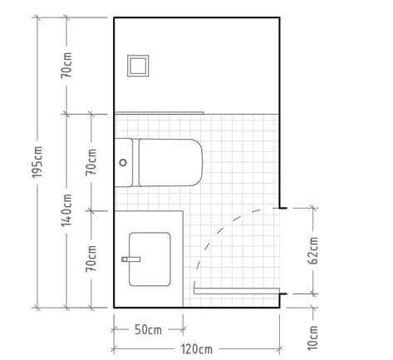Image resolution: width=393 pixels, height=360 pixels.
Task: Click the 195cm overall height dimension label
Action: click(37, 162)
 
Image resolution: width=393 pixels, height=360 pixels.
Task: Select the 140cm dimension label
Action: click(66, 210)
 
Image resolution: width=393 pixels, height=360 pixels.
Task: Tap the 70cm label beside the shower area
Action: click(66, 66)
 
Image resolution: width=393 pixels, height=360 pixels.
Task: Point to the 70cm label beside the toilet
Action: click(91, 162)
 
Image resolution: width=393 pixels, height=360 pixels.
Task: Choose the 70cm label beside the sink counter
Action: click(91, 259)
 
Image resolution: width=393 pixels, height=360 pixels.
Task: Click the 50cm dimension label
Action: click(148, 330)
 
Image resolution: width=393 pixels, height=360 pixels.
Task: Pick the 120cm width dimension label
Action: click(197, 349)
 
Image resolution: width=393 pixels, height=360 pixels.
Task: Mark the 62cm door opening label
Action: click(313, 250)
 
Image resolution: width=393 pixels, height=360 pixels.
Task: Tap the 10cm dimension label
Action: click(313, 338)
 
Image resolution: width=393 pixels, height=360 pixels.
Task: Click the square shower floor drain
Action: click(138, 66)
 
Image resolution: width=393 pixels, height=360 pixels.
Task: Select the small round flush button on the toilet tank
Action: click(123, 163)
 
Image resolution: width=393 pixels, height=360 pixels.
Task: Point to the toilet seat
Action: click(170, 163)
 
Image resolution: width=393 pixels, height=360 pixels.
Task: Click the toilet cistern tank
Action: click(124, 163)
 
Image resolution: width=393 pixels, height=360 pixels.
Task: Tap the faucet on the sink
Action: click(131, 259)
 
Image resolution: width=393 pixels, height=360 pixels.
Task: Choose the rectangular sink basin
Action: click(150, 259)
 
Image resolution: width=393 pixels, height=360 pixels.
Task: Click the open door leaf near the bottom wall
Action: click(236, 291)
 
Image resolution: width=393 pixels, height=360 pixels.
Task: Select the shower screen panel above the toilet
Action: click(160, 113)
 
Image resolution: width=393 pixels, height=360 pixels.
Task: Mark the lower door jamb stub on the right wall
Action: click(282, 293)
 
